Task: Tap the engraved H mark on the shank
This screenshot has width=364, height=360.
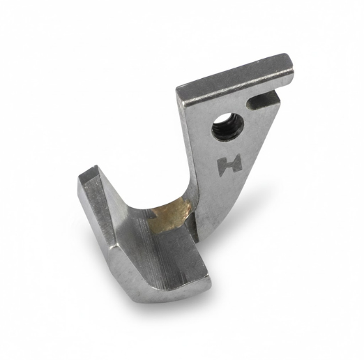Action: point(229,163)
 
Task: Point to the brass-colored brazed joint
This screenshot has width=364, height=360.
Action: point(169,214)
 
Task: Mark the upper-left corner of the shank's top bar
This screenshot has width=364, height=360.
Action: point(176,88)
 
